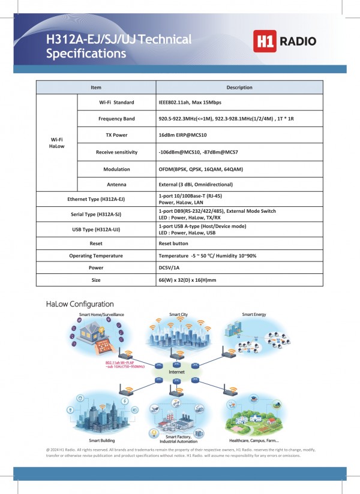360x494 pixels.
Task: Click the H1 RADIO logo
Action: coord(284,41)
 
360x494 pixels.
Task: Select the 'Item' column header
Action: coord(96,88)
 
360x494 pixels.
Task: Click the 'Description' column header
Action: coord(239,88)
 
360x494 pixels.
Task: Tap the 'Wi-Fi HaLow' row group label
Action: coord(57,143)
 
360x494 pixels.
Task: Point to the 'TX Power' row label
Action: coord(116,135)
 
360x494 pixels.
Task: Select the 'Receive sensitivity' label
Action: coord(116,152)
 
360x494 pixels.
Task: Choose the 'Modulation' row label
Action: coord(116,169)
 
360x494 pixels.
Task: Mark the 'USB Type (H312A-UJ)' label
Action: coord(96,230)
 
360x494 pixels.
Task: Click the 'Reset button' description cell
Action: coord(173,244)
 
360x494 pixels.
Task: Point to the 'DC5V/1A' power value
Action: coord(170,268)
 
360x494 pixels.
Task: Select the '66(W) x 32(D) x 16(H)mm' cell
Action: coord(187,280)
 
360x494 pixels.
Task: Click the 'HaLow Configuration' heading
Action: coord(80,304)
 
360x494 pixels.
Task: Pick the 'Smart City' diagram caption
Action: coord(178,314)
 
